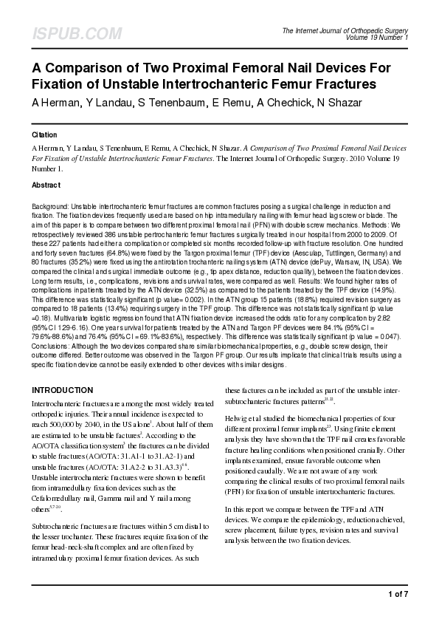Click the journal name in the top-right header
[356, 29]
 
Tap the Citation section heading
[45, 135]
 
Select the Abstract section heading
[46, 185]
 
